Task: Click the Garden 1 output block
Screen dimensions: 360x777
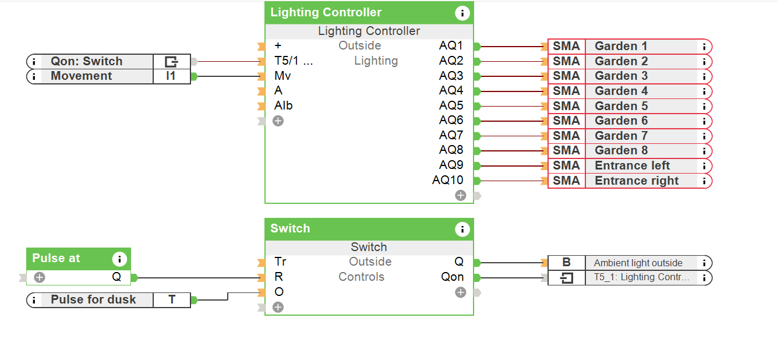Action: click(x=621, y=46)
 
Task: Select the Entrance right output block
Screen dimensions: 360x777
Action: click(x=636, y=181)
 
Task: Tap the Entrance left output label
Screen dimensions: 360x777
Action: click(x=632, y=165)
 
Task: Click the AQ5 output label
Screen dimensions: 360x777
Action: click(x=451, y=105)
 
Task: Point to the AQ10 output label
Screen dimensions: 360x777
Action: click(x=447, y=180)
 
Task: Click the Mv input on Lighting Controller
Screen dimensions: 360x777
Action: click(x=282, y=76)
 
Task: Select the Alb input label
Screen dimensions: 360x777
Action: click(x=284, y=105)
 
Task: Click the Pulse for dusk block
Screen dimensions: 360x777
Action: click(x=93, y=299)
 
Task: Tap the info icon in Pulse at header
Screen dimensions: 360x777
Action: click(x=119, y=259)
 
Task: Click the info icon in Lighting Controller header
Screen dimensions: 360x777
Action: click(x=462, y=13)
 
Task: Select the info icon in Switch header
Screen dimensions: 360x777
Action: click(x=462, y=229)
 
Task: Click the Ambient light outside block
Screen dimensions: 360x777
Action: click(x=638, y=263)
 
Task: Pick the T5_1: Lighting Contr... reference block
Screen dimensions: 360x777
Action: click(x=641, y=277)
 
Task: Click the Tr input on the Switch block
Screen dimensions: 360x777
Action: click(x=280, y=262)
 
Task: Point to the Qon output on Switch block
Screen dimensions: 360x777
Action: click(x=453, y=277)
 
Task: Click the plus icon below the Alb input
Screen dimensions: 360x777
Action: click(x=278, y=121)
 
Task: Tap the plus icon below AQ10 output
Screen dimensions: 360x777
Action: click(x=461, y=195)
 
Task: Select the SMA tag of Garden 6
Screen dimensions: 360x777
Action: click(x=566, y=121)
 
